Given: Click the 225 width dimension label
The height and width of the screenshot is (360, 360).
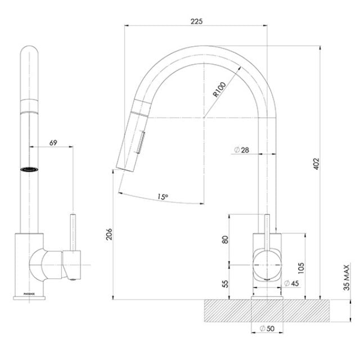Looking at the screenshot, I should pos(196,21).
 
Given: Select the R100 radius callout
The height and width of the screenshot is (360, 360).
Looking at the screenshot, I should pos(219,90).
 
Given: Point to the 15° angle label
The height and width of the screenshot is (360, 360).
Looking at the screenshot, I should pos(163,197).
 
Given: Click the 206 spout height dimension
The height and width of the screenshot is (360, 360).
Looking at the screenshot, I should pos(110,235).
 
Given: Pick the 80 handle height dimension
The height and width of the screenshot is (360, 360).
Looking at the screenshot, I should pos(226,239).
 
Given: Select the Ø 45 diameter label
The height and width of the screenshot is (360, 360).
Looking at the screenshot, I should pos(291,282).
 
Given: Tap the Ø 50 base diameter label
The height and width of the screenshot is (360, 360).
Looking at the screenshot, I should pos(266,328).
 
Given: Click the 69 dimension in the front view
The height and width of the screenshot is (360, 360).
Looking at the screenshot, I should pos(53,143).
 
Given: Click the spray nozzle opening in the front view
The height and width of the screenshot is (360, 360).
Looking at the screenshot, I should pos(30,168).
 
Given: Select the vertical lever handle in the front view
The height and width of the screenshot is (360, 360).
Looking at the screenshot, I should pos(73,231).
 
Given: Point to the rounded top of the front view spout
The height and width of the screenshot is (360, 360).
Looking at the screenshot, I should pos(30,55).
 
